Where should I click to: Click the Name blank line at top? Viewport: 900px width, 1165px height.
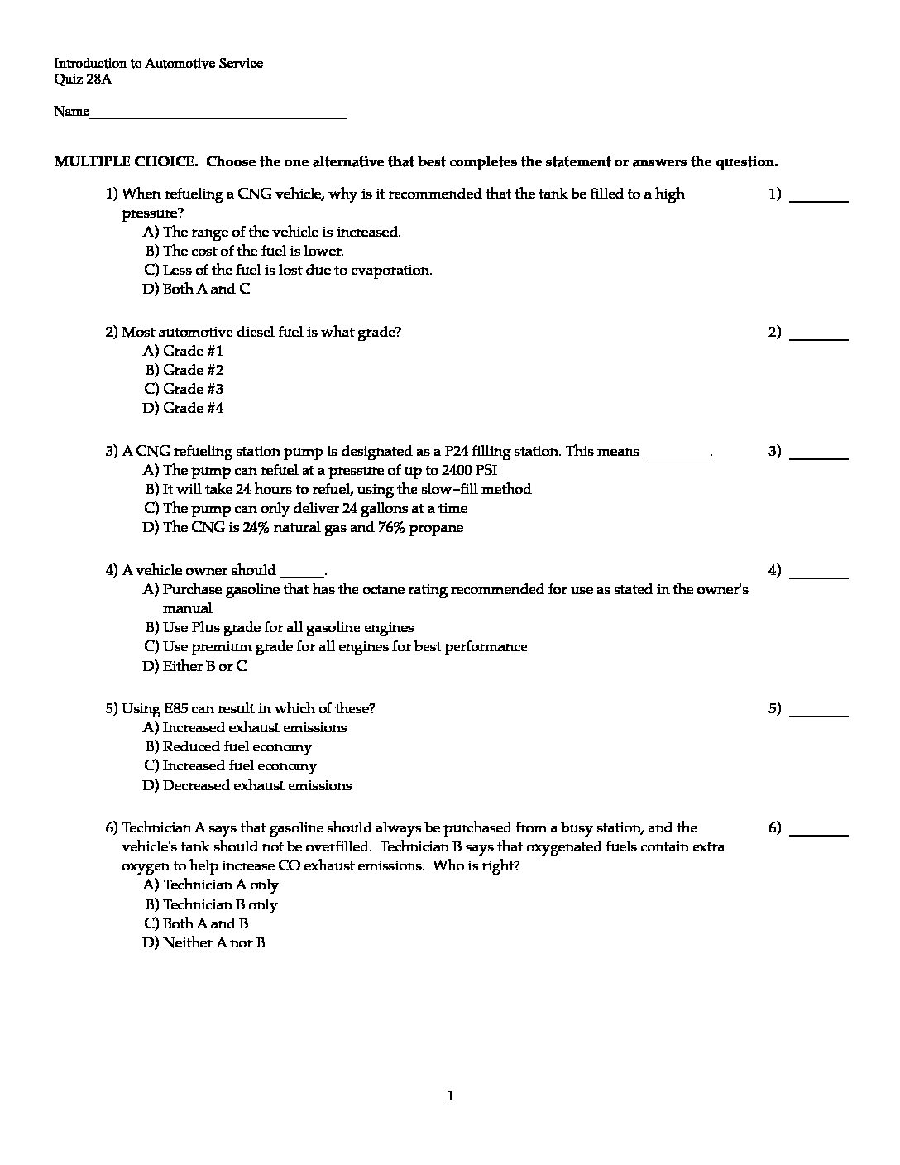pos(218,114)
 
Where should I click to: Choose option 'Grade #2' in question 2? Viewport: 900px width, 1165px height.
pos(193,370)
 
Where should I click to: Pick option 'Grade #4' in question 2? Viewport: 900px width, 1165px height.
pos(193,408)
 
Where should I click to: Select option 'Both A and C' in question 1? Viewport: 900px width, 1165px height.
pos(206,289)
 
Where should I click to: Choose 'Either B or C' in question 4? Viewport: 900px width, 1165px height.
pos(204,666)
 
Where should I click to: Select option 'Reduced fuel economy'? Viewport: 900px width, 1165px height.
pos(237,747)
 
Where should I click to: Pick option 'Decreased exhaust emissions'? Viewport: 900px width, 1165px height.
pos(256,785)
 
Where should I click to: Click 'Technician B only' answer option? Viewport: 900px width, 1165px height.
pos(220,905)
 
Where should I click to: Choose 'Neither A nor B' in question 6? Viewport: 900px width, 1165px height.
pos(213,943)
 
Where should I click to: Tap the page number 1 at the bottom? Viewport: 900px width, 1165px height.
pos(450,1097)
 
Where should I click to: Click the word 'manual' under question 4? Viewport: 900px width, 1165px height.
pos(187,608)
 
